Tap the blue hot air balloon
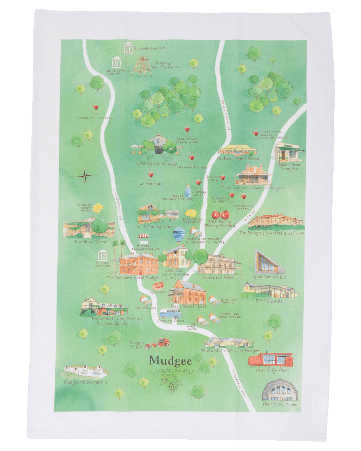[x=179, y=235]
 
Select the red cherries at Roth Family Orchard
[x=221, y=214]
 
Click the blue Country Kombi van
[x=169, y=314]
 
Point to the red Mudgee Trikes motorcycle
[x=158, y=343]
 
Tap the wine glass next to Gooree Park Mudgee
[x=96, y=108]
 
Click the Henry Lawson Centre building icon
[x=117, y=62]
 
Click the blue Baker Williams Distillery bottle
[x=188, y=191]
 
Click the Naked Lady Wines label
[x=280, y=404]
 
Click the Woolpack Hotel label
[x=218, y=277]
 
